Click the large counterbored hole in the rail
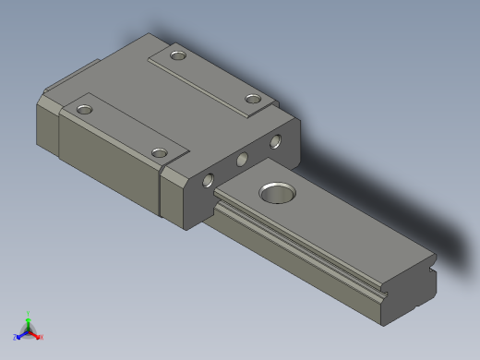tap(276, 192)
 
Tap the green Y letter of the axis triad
tap(29, 313)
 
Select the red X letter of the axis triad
tap(41, 337)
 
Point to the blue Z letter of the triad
tap(16, 337)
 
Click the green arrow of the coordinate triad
tap(29, 321)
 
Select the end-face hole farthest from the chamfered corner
tap(275, 143)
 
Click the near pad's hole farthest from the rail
tap(85, 110)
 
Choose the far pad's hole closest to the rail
tap(253, 99)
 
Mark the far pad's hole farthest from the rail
tap(178, 57)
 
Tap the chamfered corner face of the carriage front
tap(172, 196)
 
